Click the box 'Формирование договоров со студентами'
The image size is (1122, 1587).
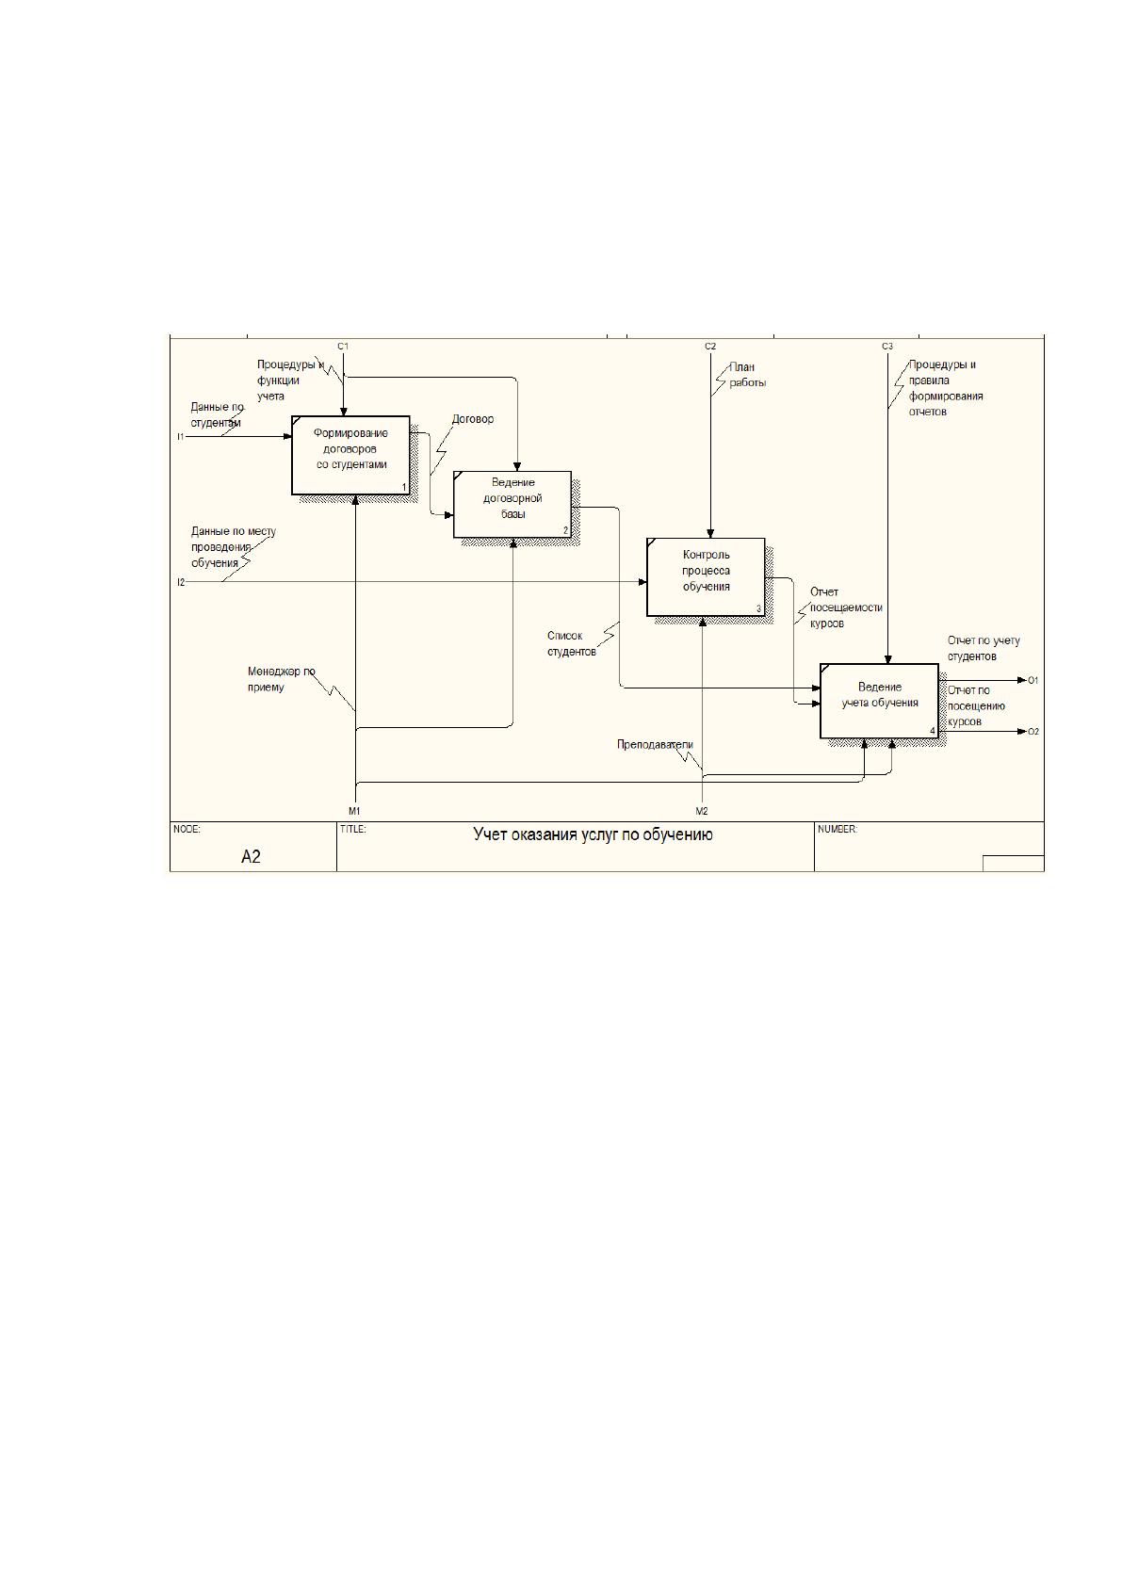point(350,455)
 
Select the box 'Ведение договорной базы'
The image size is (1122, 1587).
point(512,505)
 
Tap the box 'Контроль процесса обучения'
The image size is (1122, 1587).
point(706,576)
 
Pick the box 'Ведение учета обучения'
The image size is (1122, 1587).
point(880,701)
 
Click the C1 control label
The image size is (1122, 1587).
point(343,347)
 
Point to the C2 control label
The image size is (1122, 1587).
point(710,347)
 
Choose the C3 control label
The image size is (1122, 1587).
point(887,347)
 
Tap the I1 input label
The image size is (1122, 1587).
point(180,437)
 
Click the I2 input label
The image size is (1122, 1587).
point(181,582)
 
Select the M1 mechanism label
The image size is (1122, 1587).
point(354,811)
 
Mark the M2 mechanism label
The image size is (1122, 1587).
point(702,811)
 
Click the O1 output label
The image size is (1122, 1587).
point(1033,680)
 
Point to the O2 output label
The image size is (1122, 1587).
point(1033,732)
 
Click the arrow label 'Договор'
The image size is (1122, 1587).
point(473,419)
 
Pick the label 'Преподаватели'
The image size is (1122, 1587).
point(655,745)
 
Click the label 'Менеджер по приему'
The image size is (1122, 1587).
point(282,679)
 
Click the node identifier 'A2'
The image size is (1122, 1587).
point(251,857)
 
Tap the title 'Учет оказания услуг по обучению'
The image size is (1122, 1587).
point(593,834)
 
